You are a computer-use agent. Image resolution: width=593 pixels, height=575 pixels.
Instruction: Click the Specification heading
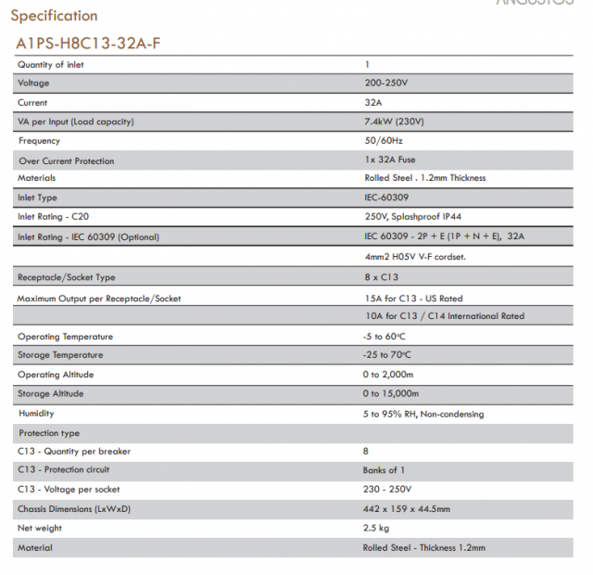[54, 16]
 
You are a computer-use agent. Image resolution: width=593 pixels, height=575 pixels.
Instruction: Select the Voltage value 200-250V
[387, 83]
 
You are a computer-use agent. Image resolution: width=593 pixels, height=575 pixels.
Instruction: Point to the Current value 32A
[373, 103]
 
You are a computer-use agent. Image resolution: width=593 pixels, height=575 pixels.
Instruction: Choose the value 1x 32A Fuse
[390, 160]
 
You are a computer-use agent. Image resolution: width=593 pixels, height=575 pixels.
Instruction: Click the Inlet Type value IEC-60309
[386, 198]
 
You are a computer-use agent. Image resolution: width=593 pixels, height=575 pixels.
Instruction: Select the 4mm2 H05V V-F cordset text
[416, 256]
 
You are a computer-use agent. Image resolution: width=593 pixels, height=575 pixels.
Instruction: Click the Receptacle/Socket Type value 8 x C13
[382, 277]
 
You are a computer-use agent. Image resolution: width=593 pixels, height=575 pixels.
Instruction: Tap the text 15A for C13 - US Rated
[413, 299]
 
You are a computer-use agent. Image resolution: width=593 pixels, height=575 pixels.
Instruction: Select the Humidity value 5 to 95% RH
[423, 414]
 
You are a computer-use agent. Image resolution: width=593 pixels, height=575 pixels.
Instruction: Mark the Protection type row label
[49, 433]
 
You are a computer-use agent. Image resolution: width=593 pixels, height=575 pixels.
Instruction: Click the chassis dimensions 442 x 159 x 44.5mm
[407, 509]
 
